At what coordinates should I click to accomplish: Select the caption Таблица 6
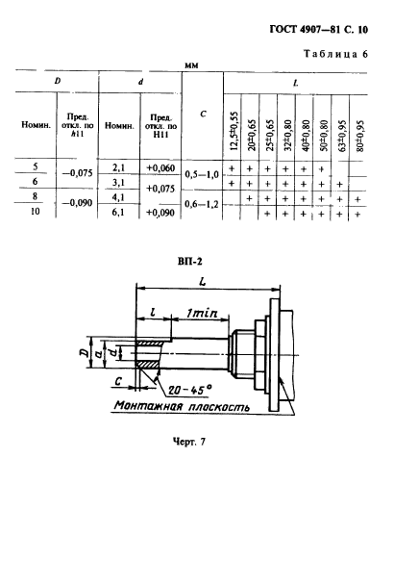[x=335, y=54]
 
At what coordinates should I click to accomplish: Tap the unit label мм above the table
[x=191, y=65]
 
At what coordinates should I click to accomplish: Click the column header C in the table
[x=203, y=115]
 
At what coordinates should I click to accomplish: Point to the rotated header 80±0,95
[x=359, y=136]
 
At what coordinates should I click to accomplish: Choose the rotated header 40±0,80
[x=306, y=136]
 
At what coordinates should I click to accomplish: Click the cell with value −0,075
[x=77, y=173]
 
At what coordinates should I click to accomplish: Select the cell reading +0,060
[x=160, y=168]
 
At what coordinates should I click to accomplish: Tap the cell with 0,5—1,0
[x=202, y=174]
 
